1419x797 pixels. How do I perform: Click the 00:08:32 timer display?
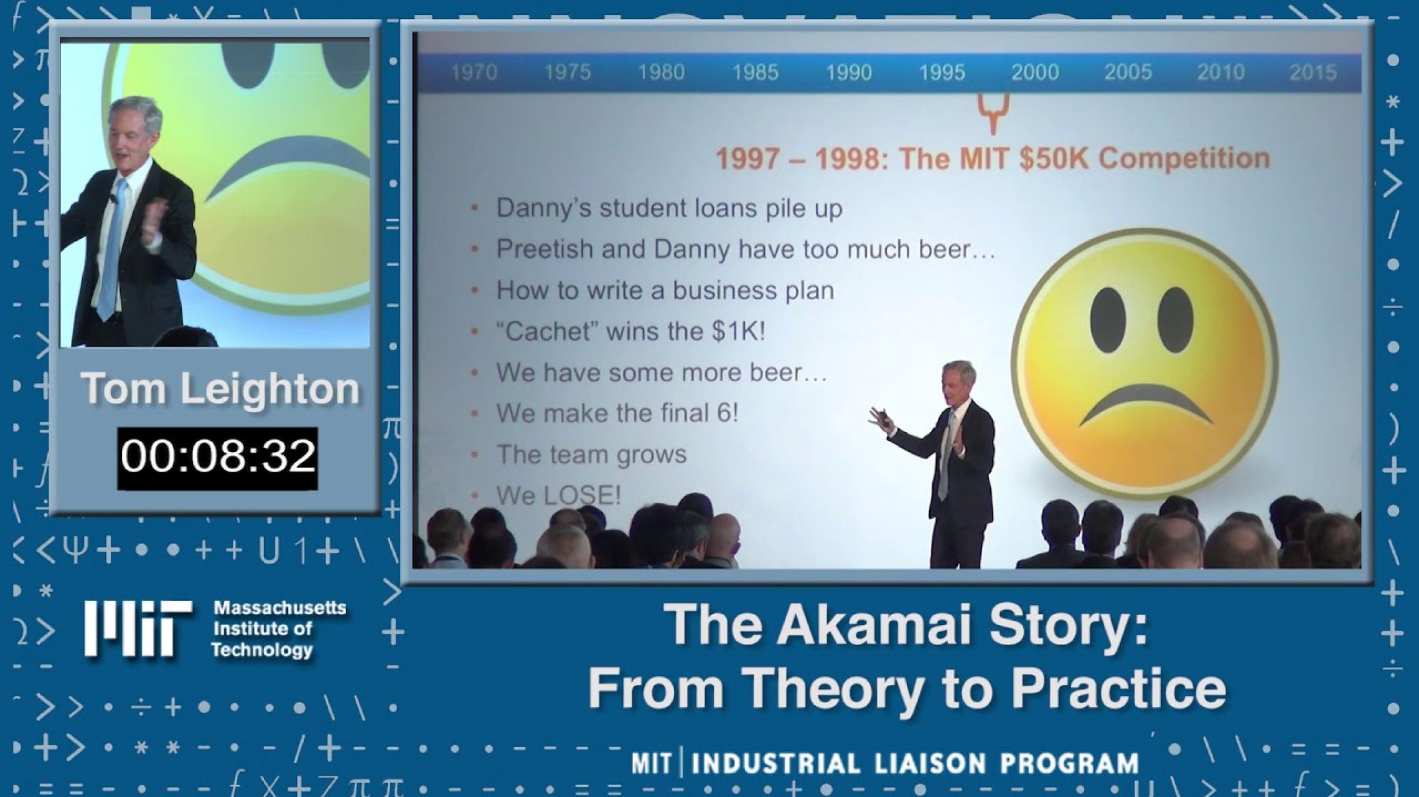pos(217,457)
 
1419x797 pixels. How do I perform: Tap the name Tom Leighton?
pos(220,389)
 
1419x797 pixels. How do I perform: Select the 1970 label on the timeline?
pos(474,72)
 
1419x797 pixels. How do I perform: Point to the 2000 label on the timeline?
pos(1035,72)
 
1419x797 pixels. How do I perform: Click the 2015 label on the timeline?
pos(1313,72)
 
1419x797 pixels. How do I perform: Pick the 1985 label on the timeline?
pos(755,72)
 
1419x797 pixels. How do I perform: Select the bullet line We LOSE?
pos(558,496)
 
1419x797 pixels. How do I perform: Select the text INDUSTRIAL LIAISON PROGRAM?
pos(915,764)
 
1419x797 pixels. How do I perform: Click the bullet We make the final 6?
pos(617,413)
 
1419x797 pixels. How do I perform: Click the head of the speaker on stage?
pos(958,381)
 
